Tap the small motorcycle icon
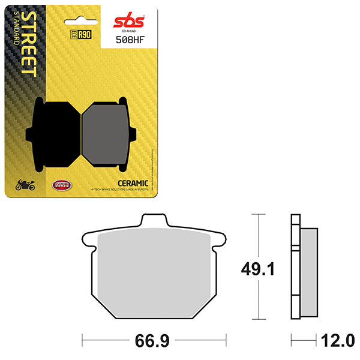[x=25, y=185]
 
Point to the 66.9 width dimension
[x=154, y=342]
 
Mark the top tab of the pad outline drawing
[x=154, y=221]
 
